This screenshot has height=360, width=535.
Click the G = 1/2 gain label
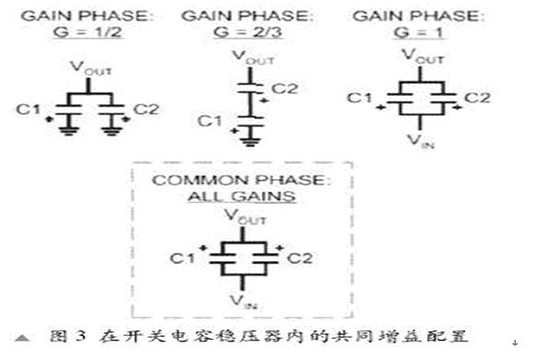[88, 32]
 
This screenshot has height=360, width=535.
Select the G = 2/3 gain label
[248, 32]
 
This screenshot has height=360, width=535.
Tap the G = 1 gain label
[419, 32]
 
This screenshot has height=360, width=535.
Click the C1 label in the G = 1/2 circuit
[29, 109]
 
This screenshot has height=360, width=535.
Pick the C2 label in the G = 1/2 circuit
[147, 109]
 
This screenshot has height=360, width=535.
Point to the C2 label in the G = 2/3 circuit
[284, 89]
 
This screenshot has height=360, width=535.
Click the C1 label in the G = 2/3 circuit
[209, 121]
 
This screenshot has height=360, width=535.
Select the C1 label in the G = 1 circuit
[360, 98]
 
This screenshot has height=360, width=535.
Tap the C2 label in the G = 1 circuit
[477, 98]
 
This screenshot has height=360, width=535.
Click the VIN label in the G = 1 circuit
[421, 140]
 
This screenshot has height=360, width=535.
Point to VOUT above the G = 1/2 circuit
[90, 67]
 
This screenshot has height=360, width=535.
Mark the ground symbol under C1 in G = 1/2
[69, 130]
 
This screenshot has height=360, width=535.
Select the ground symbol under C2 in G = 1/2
[112, 130]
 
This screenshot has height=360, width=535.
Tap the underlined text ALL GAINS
[242, 197]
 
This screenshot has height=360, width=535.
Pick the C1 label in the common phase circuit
[183, 258]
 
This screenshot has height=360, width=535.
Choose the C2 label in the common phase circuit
[300, 258]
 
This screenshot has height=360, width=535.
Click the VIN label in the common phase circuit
[244, 302]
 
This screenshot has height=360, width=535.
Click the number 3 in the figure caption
[80, 336]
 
